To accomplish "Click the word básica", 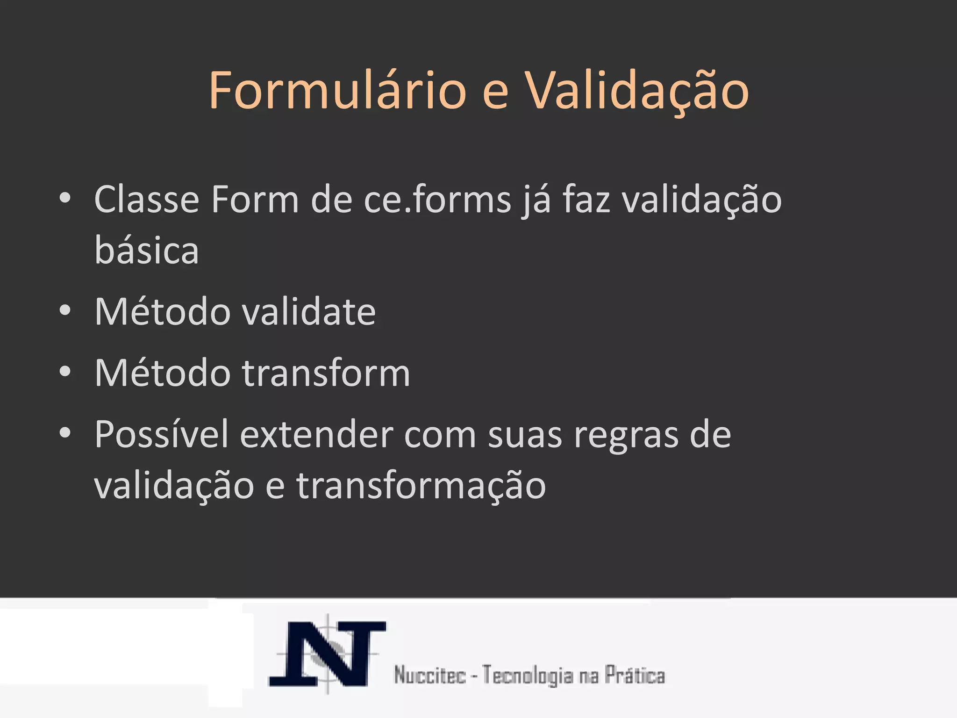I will pos(147,250).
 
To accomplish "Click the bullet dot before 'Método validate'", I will pos(65,310).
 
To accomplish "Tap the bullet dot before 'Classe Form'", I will pos(65,198).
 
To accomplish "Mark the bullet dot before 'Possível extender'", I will pos(65,433).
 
